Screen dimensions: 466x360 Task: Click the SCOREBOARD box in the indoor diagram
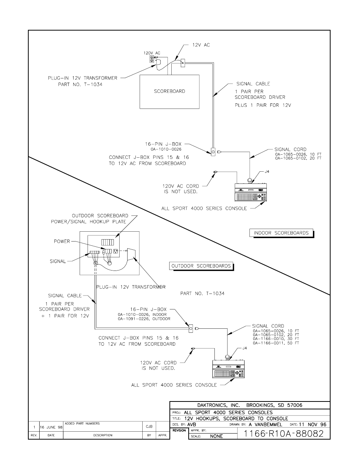click(x=169, y=91)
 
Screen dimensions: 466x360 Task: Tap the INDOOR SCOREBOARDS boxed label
click(x=281, y=233)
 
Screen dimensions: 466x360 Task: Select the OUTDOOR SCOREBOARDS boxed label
click(x=201, y=266)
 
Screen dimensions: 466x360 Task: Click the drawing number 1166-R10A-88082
click(x=283, y=434)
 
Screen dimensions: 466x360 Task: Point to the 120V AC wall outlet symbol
click(x=152, y=59)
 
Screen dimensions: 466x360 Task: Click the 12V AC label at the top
click(x=201, y=45)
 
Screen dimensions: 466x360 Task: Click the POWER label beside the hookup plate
click(x=62, y=241)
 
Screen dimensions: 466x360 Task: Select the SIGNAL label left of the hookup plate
click(x=58, y=261)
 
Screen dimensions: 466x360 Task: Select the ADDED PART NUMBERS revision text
click(x=82, y=424)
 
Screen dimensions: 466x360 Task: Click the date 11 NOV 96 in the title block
click(x=312, y=424)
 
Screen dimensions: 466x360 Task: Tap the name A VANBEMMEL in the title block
click(x=266, y=424)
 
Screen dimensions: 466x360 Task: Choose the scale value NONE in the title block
click(x=216, y=436)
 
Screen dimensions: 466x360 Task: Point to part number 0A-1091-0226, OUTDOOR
click(x=144, y=319)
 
